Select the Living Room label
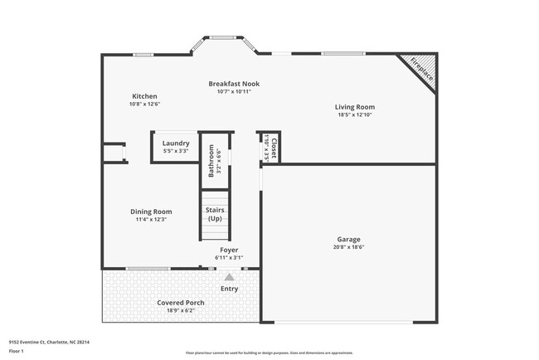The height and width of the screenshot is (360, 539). (355, 107)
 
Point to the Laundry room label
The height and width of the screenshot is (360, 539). (176, 144)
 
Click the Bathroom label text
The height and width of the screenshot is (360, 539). (211, 161)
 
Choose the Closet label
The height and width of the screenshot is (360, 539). (274, 148)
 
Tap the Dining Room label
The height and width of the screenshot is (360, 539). (151, 212)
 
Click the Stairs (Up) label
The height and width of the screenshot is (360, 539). (215, 214)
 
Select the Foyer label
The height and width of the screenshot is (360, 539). (229, 250)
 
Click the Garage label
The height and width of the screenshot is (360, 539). (348, 240)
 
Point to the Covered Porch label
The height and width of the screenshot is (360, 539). (181, 303)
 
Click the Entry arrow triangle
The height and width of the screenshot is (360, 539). (230, 278)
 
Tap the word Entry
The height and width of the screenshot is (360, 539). (230, 289)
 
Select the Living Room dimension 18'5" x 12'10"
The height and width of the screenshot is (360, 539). (355, 115)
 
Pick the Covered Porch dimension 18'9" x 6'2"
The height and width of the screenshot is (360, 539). (181, 311)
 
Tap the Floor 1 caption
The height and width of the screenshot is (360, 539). (17, 351)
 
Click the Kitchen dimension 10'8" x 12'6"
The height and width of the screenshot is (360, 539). (144, 105)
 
